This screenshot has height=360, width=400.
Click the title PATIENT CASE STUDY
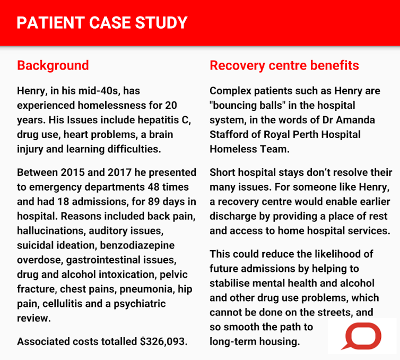tap(102, 23)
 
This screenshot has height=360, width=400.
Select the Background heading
tap(53, 65)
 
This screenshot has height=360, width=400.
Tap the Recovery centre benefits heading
tap(284, 65)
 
